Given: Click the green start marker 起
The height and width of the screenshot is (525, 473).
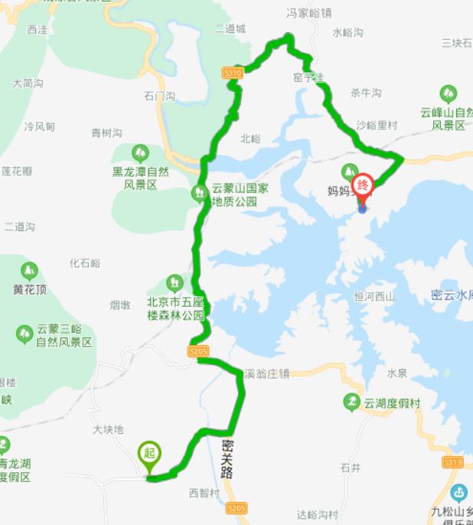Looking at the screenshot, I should [x=149, y=453].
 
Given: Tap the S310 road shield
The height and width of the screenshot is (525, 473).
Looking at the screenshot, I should [x=233, y=73].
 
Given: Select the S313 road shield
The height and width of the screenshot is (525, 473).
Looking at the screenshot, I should [x=453, y=462].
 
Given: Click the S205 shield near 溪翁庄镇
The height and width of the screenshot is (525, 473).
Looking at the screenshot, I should [x=198, y=351].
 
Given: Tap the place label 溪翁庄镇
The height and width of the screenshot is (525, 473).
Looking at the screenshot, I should [x=267, y=374].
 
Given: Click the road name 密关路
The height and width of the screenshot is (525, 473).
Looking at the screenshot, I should [x=227, y=458].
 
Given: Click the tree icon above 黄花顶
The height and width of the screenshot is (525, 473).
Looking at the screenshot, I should [x=29, y=270].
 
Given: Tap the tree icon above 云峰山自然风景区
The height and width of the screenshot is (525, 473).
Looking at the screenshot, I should [x=449, y=94].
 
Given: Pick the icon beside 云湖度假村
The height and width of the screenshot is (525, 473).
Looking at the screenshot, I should [x=351, y=402].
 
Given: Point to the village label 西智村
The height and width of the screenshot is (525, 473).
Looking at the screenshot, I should [x=204, y=492].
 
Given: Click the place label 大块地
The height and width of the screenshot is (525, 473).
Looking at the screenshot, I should [x=108, y=429].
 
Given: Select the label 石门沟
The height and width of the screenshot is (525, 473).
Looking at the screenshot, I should [x=159, y=96].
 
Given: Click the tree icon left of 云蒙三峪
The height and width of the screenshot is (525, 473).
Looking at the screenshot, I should [x=24, y=334].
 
